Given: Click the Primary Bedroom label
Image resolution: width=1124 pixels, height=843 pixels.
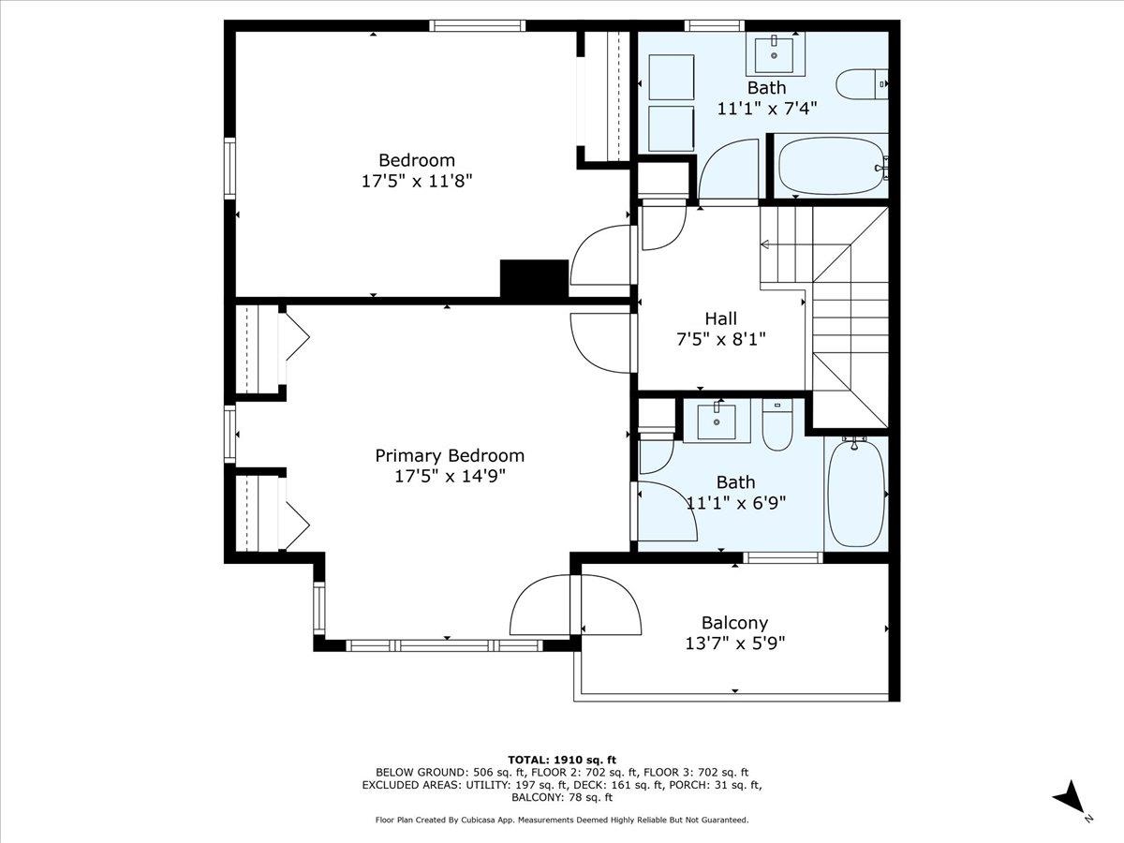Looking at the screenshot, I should point(450,455).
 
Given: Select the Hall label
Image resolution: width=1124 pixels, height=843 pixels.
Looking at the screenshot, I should point(721,318).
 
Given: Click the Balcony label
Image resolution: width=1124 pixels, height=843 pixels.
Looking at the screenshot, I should point(734,622).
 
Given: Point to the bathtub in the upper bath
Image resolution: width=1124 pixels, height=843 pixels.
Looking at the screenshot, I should point(830,166).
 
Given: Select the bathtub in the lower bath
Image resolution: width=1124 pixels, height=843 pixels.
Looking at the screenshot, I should point(856,495).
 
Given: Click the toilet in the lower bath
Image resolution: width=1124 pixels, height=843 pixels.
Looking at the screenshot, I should point(777,426).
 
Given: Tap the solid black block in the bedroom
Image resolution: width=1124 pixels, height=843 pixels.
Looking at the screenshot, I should point(535,278).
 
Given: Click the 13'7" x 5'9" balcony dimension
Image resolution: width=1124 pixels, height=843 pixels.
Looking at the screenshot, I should point(734,643).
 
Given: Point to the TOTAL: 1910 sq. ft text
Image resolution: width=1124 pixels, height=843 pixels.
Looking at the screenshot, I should point(561,759).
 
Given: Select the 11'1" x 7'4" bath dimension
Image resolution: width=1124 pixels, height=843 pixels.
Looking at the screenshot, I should point(766,108).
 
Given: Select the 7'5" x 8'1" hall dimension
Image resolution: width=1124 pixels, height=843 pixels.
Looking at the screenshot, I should point(721,339).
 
